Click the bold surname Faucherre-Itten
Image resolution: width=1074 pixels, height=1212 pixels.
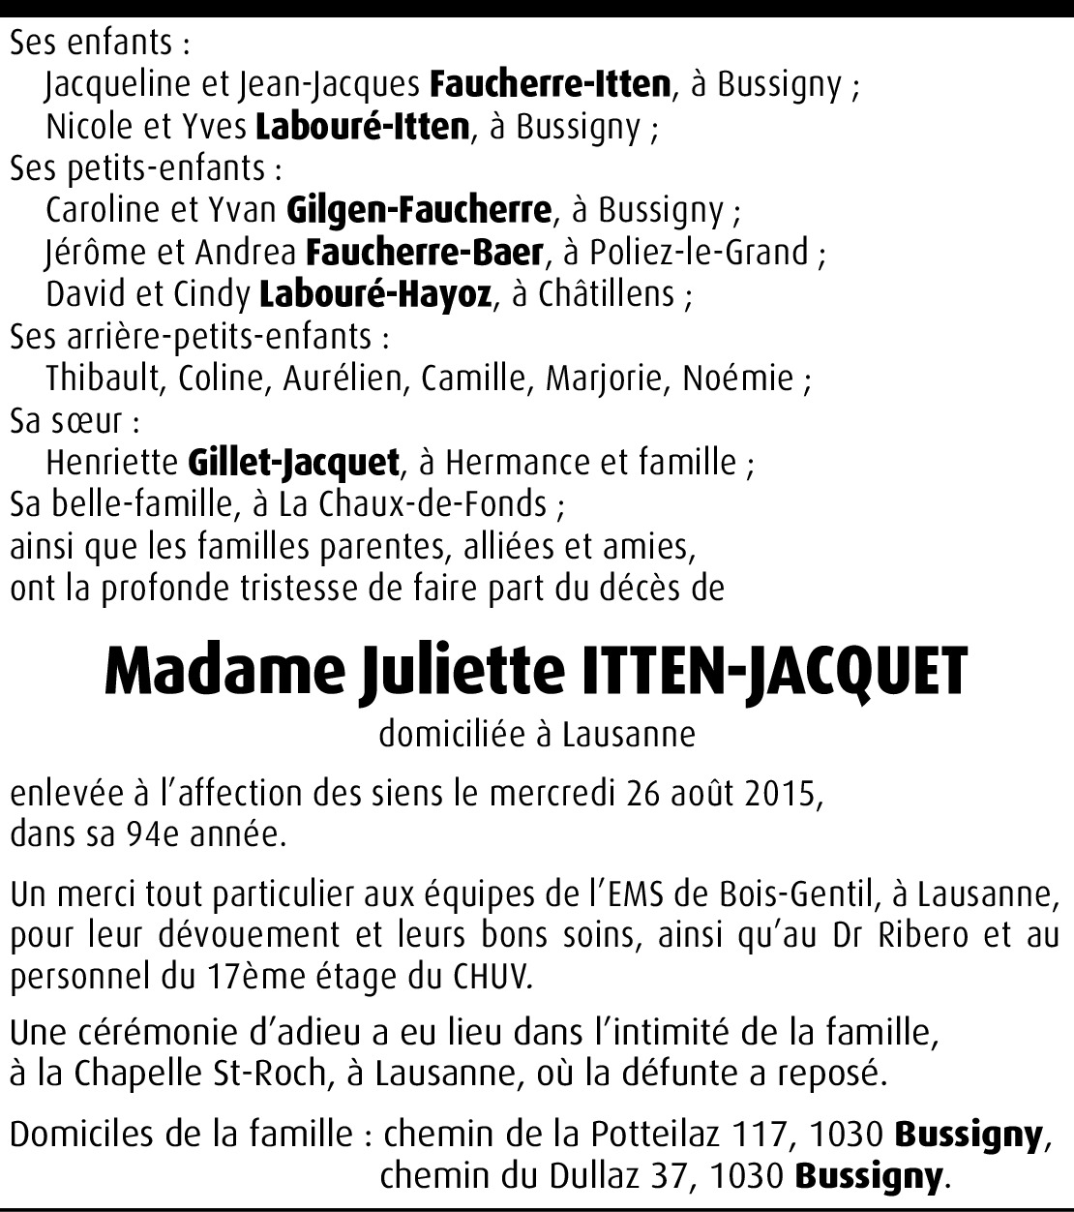(550, 85)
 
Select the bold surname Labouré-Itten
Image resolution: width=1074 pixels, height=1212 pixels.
(363, 127)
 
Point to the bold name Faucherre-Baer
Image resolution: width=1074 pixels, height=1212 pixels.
(424, 253)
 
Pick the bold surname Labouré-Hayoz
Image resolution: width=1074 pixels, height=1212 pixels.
(375, 294)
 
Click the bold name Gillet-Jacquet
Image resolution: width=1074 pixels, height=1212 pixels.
(293, 463)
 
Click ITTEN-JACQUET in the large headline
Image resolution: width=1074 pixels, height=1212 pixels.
(773, 670)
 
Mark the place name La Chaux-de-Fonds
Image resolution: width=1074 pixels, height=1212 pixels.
(412, 504)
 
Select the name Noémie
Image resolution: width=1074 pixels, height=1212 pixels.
(738, 379)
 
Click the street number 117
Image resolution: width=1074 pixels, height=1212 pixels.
(761, 1134)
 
